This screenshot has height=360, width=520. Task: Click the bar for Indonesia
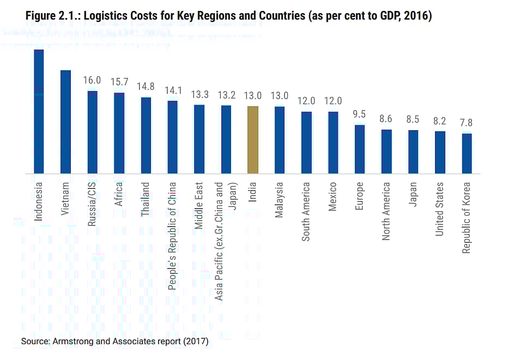[39, 112]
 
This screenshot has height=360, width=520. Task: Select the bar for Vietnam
[65, 122]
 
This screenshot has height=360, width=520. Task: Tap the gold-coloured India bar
[252, 140]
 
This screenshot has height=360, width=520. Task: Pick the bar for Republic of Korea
[467, 154]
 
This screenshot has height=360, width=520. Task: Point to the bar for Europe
[360, 149]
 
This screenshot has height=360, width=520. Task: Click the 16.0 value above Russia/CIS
[92, 81]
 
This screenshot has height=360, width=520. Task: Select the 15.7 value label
[119, 82]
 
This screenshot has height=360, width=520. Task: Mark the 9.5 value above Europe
[359, 114]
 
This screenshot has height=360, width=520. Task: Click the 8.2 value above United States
[440, 121]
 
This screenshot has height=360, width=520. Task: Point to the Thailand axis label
[146, 200]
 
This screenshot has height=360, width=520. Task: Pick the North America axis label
[386, 211]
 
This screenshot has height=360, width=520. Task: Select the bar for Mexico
[333, 143]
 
